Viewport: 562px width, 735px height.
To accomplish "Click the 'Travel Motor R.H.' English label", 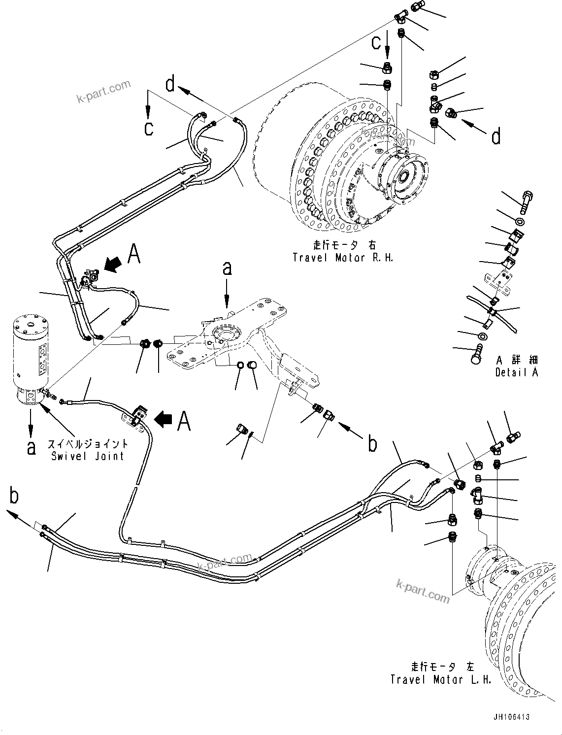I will (x=343, y=257).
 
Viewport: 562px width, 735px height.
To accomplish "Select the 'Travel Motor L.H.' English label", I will (x=441, y=679).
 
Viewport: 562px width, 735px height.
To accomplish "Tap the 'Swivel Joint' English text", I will (x=88, y=456).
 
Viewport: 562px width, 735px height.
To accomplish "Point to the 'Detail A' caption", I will (x=517, y=372).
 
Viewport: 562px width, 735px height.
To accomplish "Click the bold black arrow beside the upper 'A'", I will (x=112, y=265).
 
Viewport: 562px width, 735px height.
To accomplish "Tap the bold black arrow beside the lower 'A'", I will (x=163, y=419).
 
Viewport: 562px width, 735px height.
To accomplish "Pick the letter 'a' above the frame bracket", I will (x=227, y=268).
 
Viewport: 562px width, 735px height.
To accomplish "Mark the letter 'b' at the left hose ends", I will (x=14, y=496).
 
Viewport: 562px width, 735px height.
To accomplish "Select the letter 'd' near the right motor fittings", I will (x=496, y=136).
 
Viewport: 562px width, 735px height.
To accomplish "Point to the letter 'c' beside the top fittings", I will (x=376, y=43).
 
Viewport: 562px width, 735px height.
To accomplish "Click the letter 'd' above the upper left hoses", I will (x=170, y=84).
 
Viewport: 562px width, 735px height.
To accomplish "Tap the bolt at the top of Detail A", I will (x=526, y=201).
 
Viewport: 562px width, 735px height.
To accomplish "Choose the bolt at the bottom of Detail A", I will (x=476, y=358).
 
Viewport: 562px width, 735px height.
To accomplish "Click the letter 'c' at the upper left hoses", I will (x=149, y=128).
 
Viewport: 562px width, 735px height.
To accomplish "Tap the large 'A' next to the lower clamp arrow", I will (x=184, y=421).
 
